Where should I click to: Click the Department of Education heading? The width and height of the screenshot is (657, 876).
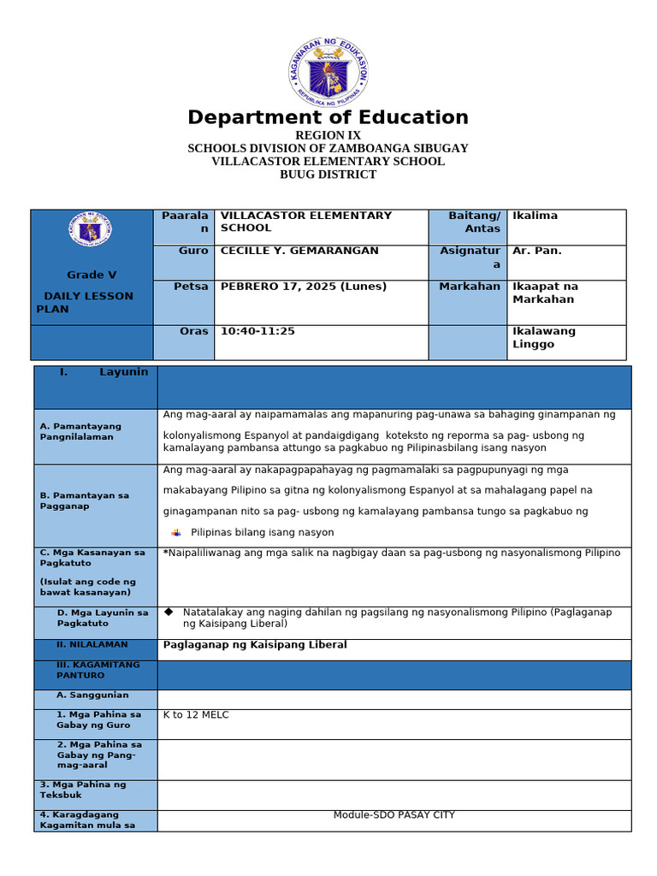tap(328, 118)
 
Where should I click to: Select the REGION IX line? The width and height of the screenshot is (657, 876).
tap(328, 136)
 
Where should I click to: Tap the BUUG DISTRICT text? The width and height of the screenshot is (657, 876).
tap(328, 175)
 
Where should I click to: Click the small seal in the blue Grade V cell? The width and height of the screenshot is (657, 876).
tap(90, 229)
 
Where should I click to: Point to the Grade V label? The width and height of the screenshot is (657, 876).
tap(92, 275)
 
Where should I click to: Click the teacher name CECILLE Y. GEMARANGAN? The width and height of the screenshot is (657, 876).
tap(299, 251)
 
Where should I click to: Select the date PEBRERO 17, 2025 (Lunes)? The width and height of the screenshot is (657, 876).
tap(304, 287)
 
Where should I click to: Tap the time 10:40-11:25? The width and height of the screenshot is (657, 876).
tap(257, 331)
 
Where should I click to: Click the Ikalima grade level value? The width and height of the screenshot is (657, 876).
tap(535, 216)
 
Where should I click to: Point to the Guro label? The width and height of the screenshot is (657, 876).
tap(193, 251)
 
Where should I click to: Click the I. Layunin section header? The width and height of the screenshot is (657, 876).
tap(104, 372)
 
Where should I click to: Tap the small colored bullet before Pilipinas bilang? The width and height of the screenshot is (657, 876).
tap(176, 532)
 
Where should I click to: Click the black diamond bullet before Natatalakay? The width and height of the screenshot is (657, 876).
tap(169, 612)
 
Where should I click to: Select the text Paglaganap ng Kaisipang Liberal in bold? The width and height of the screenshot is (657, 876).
tap(255, 645)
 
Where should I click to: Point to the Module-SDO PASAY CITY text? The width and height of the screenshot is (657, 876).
tap(394, 815)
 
